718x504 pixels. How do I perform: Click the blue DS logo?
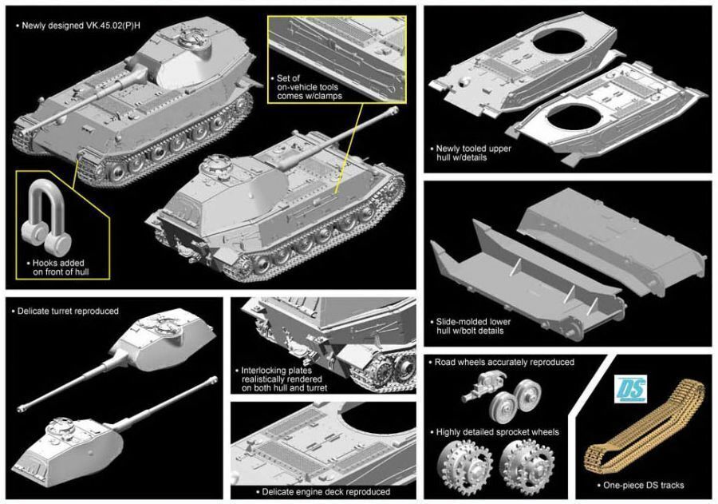[630, 389]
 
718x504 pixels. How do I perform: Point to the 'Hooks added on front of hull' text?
[58, 268]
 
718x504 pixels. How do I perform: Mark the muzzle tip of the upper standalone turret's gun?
[20, 409]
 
